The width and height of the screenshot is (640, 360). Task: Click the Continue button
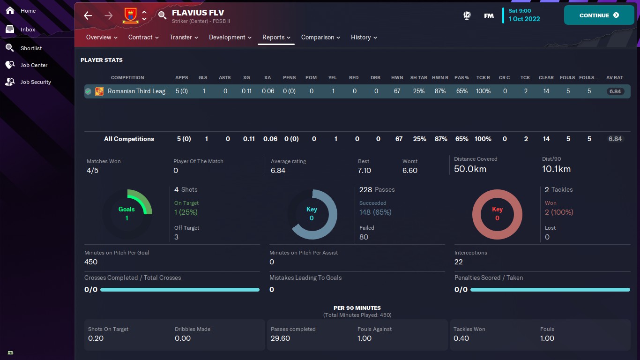click(599, 15)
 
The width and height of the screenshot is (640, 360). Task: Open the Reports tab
click(276, 37)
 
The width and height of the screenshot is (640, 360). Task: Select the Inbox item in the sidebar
click(28, 30)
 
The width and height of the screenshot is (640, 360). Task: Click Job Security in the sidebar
click(35, 82)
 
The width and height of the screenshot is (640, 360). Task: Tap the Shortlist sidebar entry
click(31, 48)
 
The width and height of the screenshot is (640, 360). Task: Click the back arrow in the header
click(88, 15)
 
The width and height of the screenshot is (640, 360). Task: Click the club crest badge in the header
click(130, 15)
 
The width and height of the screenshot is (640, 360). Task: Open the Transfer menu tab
click(184, 37)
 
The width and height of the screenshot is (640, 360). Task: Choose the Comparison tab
click(320, 37)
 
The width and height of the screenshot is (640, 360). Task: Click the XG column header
click(246, 78)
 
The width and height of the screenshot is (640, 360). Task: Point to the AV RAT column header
click(615, 78)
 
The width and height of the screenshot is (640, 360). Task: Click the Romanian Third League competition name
click(139, 91)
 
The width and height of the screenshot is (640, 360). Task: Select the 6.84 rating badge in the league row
click(615, 91)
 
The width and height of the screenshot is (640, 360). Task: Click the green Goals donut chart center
click(127, 214)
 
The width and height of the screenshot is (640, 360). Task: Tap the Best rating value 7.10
click(364, 171)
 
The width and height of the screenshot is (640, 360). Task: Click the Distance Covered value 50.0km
click(470, 169)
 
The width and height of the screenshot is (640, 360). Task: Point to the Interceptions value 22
click(459, 262)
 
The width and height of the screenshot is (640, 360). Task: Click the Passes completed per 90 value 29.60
click(280, 338)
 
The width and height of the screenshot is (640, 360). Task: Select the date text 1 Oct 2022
click(524, 19)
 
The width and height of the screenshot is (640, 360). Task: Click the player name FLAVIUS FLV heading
click(198, 13)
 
